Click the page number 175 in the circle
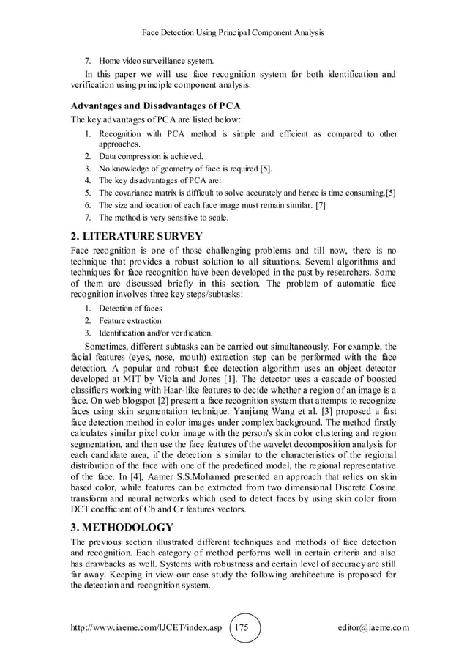click(x=244, y=628)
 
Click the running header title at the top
click(x=233, y=33)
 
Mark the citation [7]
click(x=320, y=205)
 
